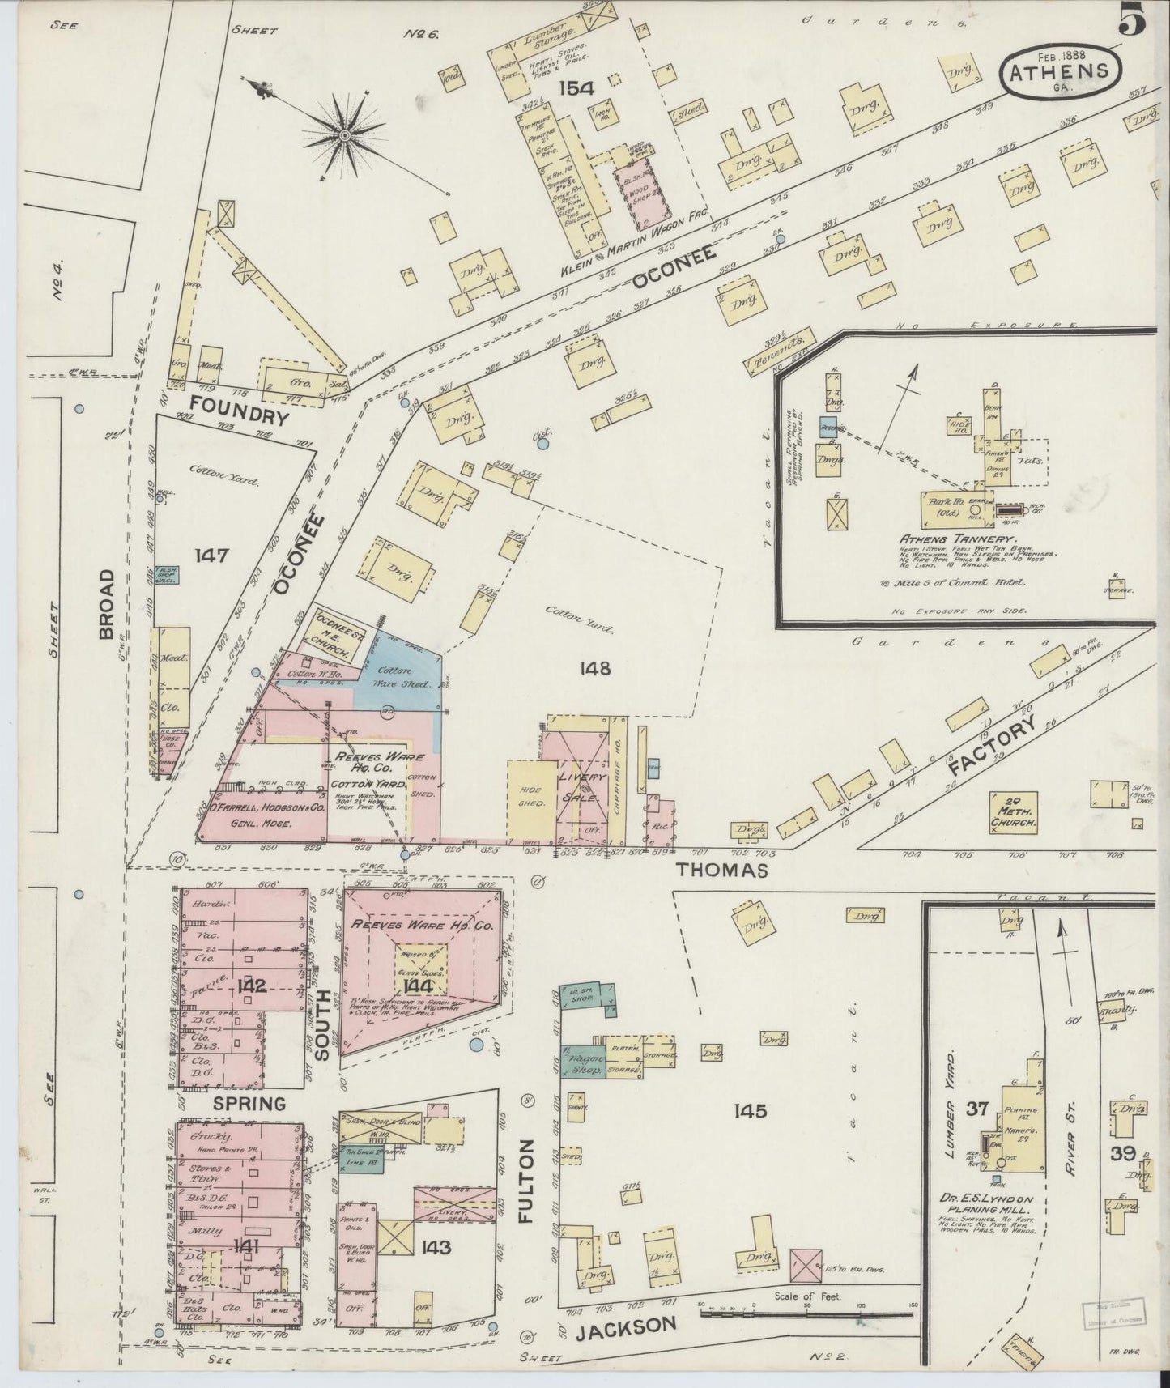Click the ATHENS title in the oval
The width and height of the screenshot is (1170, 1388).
[1058, 70]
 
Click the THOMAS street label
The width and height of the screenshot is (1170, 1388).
[721, 871]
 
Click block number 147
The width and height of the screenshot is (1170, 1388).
[211, 556]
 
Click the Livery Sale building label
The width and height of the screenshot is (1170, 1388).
[582, 786]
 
